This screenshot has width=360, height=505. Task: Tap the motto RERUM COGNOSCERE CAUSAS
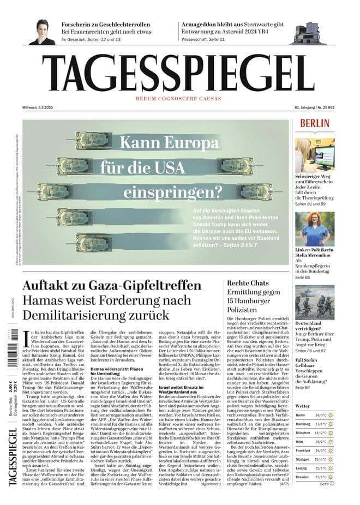(x=178, y=99)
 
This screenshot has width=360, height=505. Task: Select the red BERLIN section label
(x=315, y=123)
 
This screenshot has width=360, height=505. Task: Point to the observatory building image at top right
(x=309, y=32)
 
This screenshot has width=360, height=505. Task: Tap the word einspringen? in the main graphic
(x=172, y=191)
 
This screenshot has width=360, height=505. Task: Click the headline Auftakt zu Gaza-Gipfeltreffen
(x=112, y=285)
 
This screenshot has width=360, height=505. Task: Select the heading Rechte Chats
(x=248, y=283)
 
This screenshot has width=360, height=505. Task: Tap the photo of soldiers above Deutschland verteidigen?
(x=315, y=302)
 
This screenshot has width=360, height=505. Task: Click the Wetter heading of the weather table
(x=303, y=406)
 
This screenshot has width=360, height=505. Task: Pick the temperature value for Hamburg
(x=321, y=424)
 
